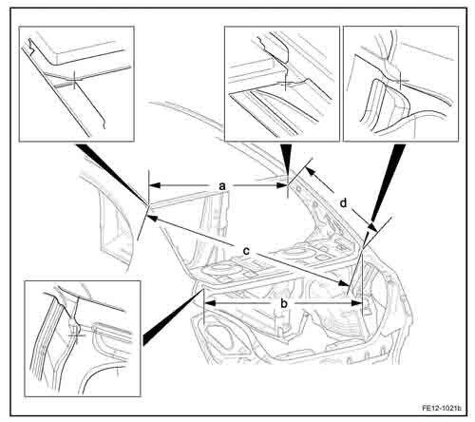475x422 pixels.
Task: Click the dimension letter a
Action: click(222, 186)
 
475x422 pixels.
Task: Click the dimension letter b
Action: click(284, 303)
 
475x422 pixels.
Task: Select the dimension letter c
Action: click(246, 251)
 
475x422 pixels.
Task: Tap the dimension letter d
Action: click(343, 202)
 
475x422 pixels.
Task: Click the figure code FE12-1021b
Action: click(442, 408)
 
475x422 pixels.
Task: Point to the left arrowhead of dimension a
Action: click(155, 185)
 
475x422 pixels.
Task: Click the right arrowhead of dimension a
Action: click(281, 185)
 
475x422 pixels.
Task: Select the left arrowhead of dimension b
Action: click(211, 303)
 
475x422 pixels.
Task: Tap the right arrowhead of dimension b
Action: click(356, 303)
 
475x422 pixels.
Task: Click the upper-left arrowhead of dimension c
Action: click(153, 219)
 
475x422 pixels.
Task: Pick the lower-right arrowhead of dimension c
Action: click(343, 283)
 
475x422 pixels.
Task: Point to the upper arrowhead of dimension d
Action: click(312, 172)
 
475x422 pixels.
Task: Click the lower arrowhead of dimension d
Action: click(372, 227)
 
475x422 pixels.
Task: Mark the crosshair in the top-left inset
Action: click(74, 81)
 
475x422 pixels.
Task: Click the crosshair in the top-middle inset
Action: click(286, 83)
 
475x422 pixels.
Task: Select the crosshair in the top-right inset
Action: click(401, 81)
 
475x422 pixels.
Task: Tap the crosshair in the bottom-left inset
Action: click(75, 333)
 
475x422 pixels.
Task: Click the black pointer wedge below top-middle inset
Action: click(287, 160)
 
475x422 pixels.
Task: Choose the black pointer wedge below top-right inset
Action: click(387, 181)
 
